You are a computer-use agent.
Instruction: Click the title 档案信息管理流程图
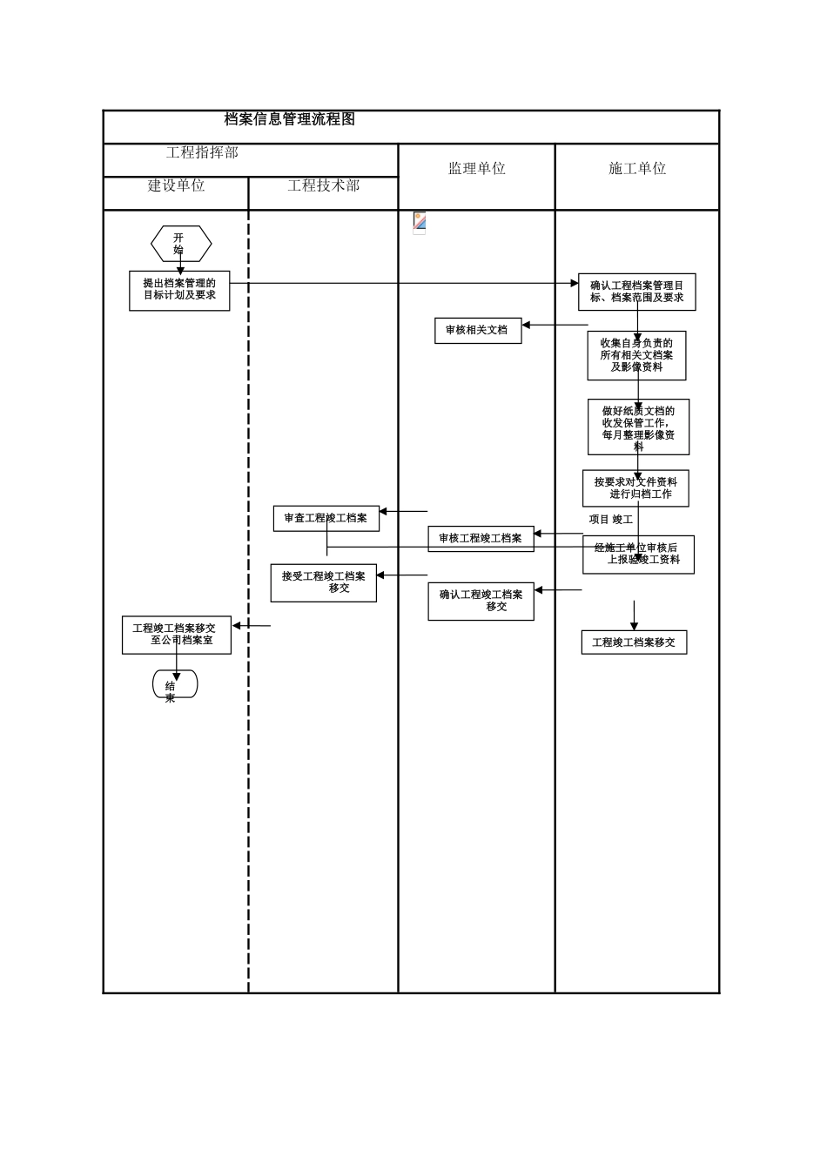pos(290,119)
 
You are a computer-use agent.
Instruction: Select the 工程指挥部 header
pos(202,152)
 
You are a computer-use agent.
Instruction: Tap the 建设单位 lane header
pos(176,185)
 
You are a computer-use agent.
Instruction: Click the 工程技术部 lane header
pos(323,185)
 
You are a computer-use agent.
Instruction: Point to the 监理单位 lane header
pos(476,169)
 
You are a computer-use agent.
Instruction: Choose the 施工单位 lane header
pos(637,169)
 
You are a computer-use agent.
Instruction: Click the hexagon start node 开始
pos(181,244)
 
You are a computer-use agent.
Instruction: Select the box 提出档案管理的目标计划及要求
pos(179,290)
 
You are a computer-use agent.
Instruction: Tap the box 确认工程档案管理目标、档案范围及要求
pos(636,292)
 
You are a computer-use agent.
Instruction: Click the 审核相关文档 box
pos(478,330)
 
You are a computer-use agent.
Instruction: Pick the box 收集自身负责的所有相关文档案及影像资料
pos(636,355)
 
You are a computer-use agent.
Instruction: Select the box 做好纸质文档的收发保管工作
pos(638,427)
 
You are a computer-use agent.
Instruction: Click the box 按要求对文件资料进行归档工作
pos(635,488)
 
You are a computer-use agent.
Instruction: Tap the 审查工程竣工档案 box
pos(326,518)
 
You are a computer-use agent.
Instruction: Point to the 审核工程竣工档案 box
pos(481,538)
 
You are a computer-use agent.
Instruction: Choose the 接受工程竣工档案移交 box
pos(323,582)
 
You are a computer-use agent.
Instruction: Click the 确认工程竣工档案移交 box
pos(481,601)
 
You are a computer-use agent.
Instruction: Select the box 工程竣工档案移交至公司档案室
pos(177,635)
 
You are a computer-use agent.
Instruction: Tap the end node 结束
pos(175,684)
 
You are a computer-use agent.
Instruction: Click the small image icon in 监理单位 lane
pos(420,223)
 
